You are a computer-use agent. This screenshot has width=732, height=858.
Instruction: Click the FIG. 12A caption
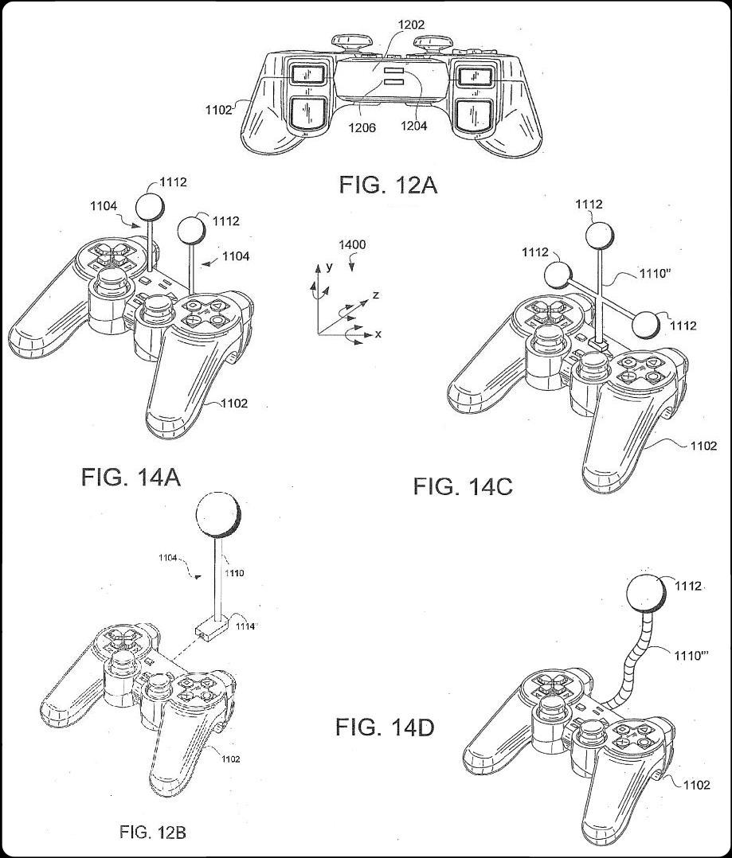point(388,185)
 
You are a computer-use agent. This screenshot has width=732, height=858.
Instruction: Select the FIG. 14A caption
point(131,478)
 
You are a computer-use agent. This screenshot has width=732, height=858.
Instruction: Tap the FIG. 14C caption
point(463,486)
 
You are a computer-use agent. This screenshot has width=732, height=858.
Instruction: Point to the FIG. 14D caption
point(385,727)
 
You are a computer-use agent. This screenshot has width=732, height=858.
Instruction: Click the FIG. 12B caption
point(153,833)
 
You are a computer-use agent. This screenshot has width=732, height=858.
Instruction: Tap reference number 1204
point(414,126)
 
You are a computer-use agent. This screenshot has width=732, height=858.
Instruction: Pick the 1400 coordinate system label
point(352,244)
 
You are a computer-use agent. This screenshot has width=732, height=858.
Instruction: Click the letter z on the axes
point(375,295)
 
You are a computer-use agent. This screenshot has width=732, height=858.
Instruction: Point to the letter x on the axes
point(378,334)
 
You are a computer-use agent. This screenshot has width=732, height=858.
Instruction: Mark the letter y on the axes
point(329,267)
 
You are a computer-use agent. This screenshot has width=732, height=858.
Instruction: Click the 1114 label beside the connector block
point(245,626)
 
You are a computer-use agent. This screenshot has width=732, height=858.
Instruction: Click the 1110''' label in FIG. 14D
point(691,655)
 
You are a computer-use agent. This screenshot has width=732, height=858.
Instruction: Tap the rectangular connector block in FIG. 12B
point(211,627)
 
